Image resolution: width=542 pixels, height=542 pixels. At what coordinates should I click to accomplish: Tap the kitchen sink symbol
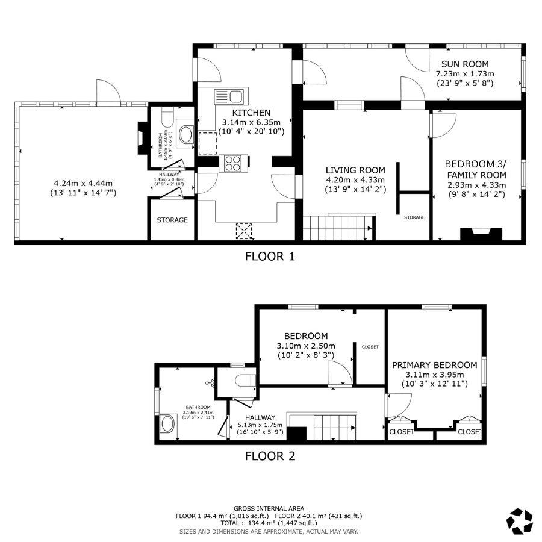[x=229, y=95]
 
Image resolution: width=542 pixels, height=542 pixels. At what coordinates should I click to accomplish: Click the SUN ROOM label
[x=464, y=64]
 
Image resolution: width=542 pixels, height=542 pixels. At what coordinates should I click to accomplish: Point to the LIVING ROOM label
[x=355, y=170]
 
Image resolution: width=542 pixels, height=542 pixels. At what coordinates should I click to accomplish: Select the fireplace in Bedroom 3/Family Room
[x=480, y=234]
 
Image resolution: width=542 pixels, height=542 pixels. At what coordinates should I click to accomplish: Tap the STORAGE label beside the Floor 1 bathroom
[x=172, y=220]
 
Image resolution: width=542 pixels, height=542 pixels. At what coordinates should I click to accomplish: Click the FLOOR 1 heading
[x=270, y=257]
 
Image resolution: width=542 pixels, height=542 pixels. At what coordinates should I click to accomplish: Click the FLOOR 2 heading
[x=270, y=456]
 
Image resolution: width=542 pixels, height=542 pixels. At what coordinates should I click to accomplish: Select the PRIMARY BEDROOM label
[x=434, y=365]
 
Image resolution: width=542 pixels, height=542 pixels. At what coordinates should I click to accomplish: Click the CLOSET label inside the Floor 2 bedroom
[x=370, y=347]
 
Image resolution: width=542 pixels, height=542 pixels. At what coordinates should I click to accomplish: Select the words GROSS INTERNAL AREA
[x=269, y=508]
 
